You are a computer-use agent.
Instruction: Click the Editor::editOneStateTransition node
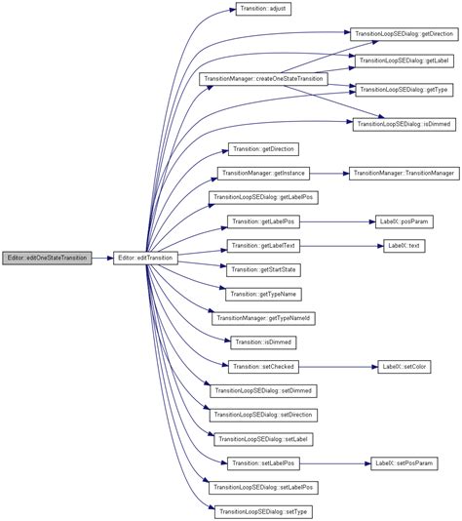tap(47, 258)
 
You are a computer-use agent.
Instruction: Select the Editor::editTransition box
tap(144, 258)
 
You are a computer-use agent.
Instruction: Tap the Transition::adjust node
tap(262, 9)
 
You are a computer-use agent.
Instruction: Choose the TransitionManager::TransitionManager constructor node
tap(403, 173)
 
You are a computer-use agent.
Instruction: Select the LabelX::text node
tap(403, 245)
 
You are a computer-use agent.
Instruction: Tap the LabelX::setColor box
tap(404, 366)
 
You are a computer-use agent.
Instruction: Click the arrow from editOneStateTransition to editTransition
tap(102, 258)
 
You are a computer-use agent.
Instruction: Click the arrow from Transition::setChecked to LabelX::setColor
tap(337, 366)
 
